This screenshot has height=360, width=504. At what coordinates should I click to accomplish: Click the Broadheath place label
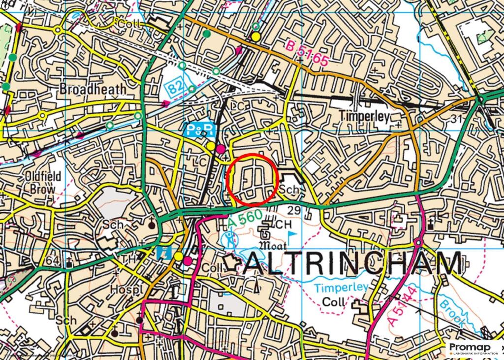pyautogui.click(x=93, y=89)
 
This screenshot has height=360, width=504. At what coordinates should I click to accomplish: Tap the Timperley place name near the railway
pyautogui.click(x=365, y=117)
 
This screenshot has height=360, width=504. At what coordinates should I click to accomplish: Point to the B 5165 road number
pyautogui.click(x=307, y=54)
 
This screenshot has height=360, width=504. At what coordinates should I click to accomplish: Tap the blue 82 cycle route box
pyautogui.click(x=174, y=88)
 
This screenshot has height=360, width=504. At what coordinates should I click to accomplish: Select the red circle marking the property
pyautogui.click(x=253, y=179)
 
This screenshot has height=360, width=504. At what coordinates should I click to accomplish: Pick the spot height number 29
pyautogui.click(x=294, y=210)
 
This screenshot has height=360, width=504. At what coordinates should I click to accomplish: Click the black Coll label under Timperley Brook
pyautogui.click(x=332, y=301)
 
